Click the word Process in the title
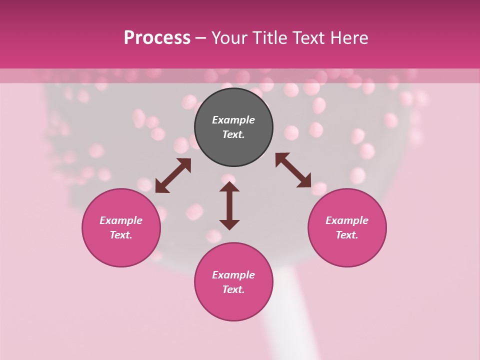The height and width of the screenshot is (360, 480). [x=157, y=38]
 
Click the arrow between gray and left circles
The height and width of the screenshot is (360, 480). [x=173, y=175]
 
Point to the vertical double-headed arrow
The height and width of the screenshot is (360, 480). [x=229, y=205]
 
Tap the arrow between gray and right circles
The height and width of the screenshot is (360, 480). [x=293, y=170]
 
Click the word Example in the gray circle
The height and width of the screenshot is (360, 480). [x=233, y=120]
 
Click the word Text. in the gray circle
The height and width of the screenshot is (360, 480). [x=233, y=134]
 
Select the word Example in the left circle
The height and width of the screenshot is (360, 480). [x=121, y=220]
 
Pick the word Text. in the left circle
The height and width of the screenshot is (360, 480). [x=121, y=235]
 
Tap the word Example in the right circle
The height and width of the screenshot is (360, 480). [x=347, y=220]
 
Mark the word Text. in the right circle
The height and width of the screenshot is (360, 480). [x=347, y=235]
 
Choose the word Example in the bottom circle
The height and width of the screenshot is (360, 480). [x=233, y=275]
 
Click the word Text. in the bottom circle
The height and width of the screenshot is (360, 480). [x=233, y=289]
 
